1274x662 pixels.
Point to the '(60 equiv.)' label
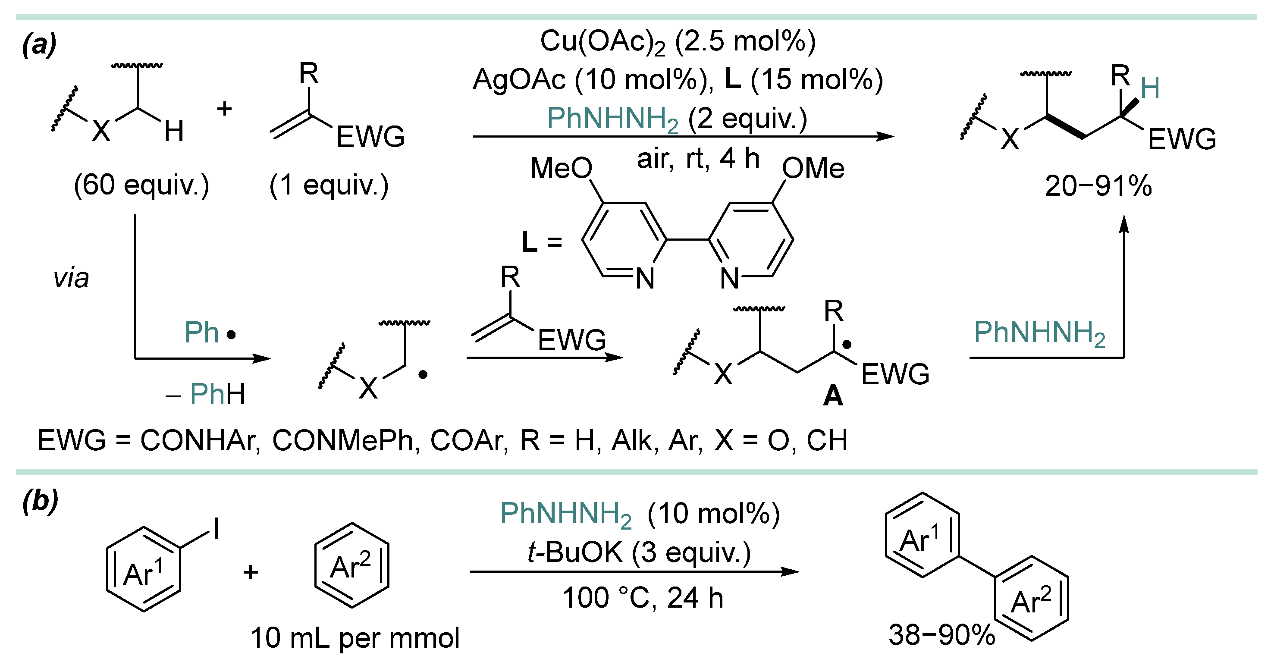click(141, 185)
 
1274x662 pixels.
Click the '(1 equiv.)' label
click(329, 185)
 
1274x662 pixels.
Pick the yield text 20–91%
click(1098, 186)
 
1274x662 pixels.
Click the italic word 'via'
click(71, 278)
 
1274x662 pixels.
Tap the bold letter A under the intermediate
click(833, 396)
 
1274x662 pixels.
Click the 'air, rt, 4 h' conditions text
click(698, 159)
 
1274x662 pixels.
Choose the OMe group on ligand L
click(813, 168)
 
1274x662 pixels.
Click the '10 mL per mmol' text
click(355, 638)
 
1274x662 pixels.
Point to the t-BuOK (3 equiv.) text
click(639, 553)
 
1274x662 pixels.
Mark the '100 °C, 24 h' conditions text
click(643, 598)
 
